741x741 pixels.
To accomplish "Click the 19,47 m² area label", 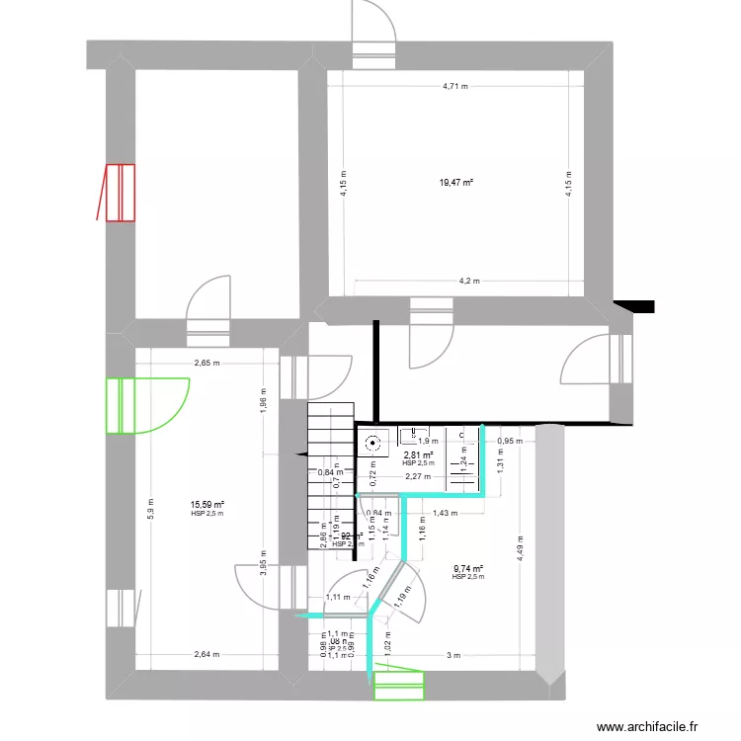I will [456, 183].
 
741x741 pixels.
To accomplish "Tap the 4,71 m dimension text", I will [455, 87].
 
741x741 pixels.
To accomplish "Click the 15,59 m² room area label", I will [207, 505].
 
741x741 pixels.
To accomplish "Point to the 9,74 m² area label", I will [467, 569].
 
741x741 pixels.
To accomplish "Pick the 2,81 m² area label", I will [418, 455].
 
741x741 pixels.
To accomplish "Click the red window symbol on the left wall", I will [119, 192].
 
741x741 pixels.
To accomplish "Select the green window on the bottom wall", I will [399, 683].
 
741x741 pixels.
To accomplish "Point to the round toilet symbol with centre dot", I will [373, 444].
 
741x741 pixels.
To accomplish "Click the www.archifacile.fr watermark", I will [646, 725].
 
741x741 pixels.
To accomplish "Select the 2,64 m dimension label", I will [207, 654].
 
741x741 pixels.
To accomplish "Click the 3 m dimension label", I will [453, 654].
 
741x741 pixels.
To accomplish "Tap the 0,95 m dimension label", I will [510, 441].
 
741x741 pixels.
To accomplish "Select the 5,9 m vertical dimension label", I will [149, 507].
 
